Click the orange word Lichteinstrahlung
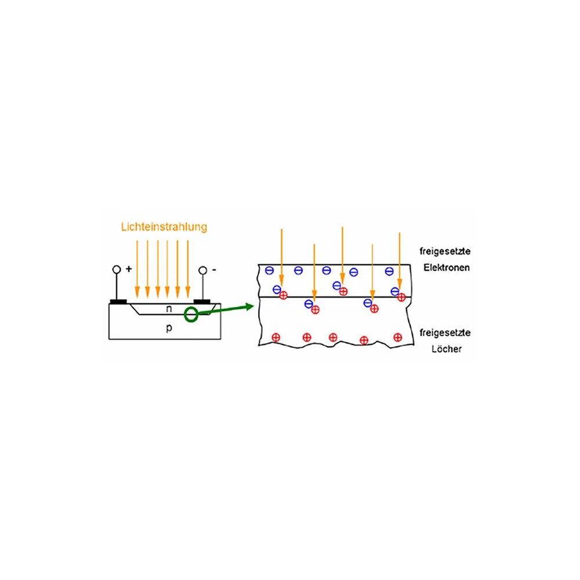164,227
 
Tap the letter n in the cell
168,309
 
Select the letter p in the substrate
169,328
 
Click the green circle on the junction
191,314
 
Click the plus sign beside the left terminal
129,270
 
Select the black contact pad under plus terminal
118,302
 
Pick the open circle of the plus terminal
117,270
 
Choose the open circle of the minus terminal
202,270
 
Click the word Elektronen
447,268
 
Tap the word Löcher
447,350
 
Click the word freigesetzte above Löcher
447,333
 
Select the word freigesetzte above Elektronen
447,252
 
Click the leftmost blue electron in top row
269,270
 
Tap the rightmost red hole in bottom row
397,337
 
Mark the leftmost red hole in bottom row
276,337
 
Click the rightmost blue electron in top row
389,271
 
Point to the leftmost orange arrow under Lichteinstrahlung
137,267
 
